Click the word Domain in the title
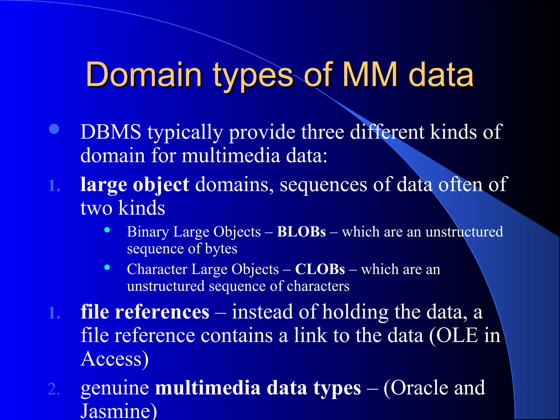click(144, 74)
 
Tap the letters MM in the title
click(370, 74)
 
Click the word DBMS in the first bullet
click(111, 132)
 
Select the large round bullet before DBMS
click(54, 129)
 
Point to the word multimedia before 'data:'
click(231, 156)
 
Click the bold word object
click(161, 185)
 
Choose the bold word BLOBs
click(301, 232)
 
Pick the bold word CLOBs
click(320, 269)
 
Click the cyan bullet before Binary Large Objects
click(107, 230)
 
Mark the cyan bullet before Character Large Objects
click(107, 267)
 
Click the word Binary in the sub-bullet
click(148, 232)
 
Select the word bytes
click(221, 249)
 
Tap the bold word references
click(162, 312)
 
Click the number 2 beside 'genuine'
click(54, 389)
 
